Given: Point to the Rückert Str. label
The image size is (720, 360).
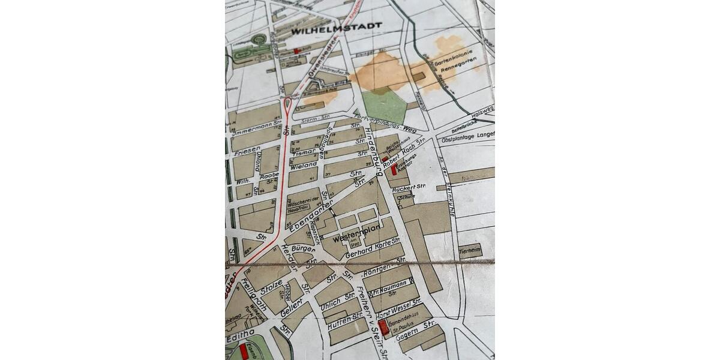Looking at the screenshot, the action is coord(408,188).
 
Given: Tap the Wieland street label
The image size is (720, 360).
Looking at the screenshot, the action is coord(305,165).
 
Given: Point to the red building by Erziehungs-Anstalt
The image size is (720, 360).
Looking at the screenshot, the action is coord(394,169).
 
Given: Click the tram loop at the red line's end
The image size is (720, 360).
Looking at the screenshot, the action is coord(288,107).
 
